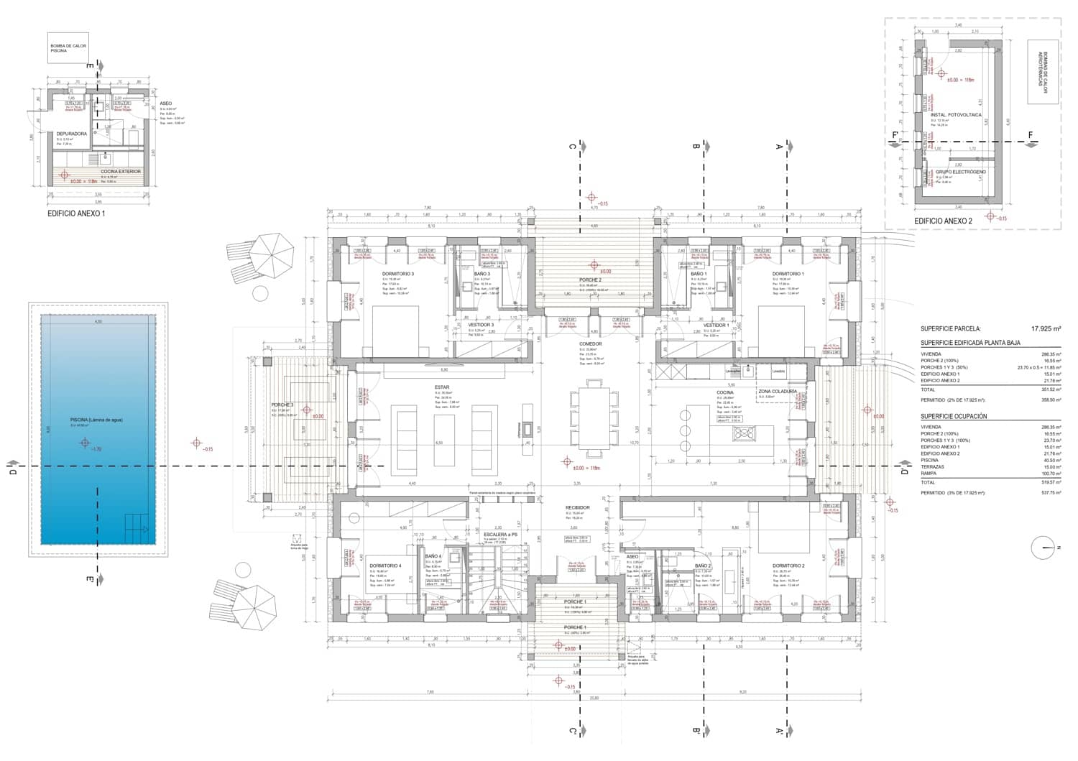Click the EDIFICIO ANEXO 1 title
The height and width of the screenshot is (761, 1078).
click(x=76, y=213)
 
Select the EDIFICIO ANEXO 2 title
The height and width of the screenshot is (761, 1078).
click(x=942, y=221)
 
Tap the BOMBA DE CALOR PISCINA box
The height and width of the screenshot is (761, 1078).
click(x=68, y=47)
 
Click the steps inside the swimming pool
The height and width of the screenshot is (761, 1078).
click(x=137, y=529)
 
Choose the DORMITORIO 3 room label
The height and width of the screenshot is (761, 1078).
click(x=397, y=274)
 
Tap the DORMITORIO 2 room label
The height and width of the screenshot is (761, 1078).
click(x=788, y=566)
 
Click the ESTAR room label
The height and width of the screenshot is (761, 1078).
click(x=441, y=387)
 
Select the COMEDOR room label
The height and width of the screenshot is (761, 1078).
click(x=590, y=344)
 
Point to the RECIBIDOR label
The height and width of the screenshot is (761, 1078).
click(x=577, y=507)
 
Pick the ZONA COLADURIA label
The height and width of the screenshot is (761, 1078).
click(x=777, y=392)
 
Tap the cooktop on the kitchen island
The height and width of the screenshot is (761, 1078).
click(x=743, y=433)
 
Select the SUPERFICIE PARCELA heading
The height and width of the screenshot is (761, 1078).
click(x=950, y=328)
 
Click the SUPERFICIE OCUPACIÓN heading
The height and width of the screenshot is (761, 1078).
click(x=954, y=416)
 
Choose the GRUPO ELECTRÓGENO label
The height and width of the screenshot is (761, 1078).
click(x=960, y=172)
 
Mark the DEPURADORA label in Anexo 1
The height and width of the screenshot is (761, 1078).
click(x=72, y=134)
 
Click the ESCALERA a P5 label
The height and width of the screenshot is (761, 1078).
click(x=500, y=535)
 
